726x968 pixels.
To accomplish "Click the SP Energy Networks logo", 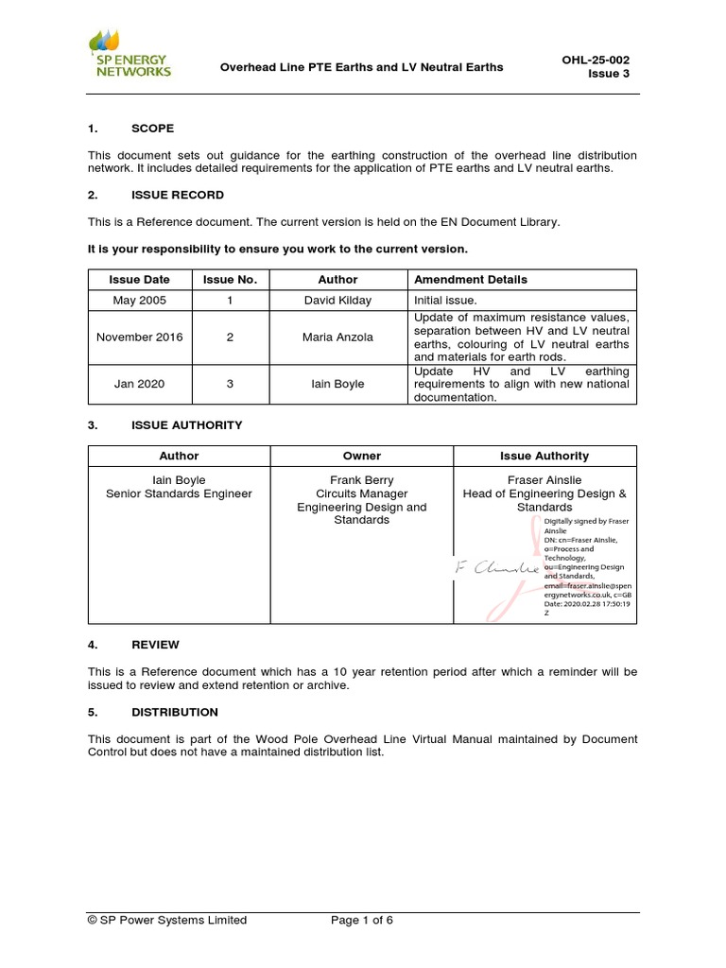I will pyautogui.click(x=130, y=54).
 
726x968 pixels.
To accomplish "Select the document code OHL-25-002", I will pyautogui.click(x=596, y=60).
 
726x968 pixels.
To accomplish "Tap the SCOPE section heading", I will pyautogui.click(x=152, y=129).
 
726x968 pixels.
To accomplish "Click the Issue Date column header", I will pyautogui.click(x=140, y=280).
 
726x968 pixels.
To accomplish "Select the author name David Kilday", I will pyautogui.click(x=337, y=300).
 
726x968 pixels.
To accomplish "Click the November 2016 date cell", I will pyautogui.click(x=140, y=337).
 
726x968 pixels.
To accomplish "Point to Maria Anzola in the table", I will pyautogui.click(x=337, y=337).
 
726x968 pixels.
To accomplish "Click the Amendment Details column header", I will pyautogui.click(x=471, y=280).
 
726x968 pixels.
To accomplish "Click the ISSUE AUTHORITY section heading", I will pyautogui.click(x=186, y=425).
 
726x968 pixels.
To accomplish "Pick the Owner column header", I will pyautogui.click(x=361, y=456).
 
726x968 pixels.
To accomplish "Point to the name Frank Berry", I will pyautogui.click(x=361, y=480).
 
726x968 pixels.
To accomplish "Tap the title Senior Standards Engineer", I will pyautogui.click(x=179, y=493).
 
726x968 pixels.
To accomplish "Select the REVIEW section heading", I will pyautogui.click(x=155, y=645).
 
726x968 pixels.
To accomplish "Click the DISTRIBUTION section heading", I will pyautogui.click(x=174, y=712).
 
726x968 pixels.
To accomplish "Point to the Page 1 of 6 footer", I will pyautogui.click(x=362, y=920).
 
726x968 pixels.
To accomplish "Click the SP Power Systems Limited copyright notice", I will pyautogui.click(x=167, y=920).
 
